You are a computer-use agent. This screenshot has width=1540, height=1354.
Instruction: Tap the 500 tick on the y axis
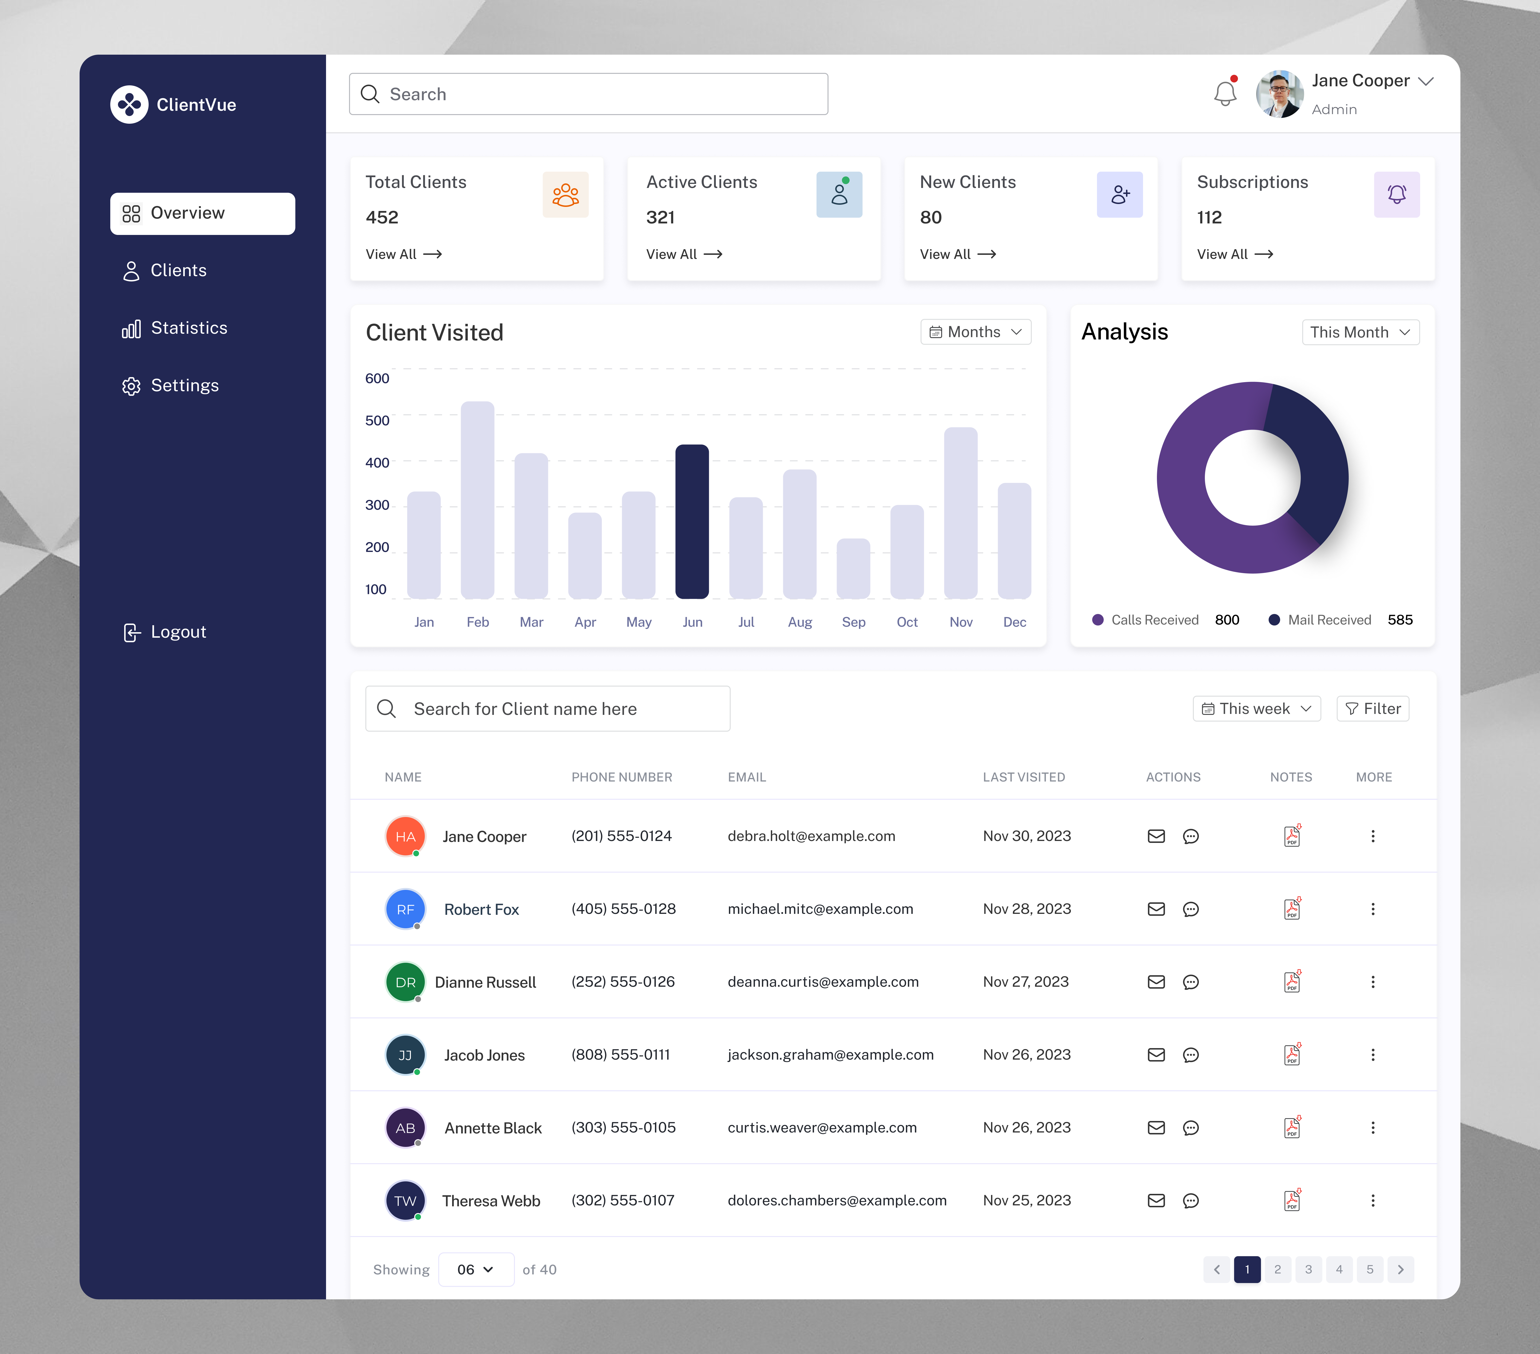pyautogui.click(x=377, y=420)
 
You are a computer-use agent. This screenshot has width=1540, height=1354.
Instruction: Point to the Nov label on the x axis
pyautogui.click(x=961, y=622)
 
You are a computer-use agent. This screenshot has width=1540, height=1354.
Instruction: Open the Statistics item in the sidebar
pyautogui.click(x=188, y=328)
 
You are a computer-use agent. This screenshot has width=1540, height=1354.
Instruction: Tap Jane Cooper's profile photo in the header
pyautogui.click(x=1279, y=94)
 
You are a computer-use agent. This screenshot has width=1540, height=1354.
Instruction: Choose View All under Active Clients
pyautogui.click(x=683, y=254)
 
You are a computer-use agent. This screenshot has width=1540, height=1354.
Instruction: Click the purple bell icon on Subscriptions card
pyautogui.click(x=1396, y=194)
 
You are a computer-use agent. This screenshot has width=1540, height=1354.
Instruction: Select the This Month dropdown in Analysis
pyautogui.click(x=1360, y=332)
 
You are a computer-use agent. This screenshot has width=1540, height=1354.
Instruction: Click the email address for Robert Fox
pyautogui.click(x=820, y=909)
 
